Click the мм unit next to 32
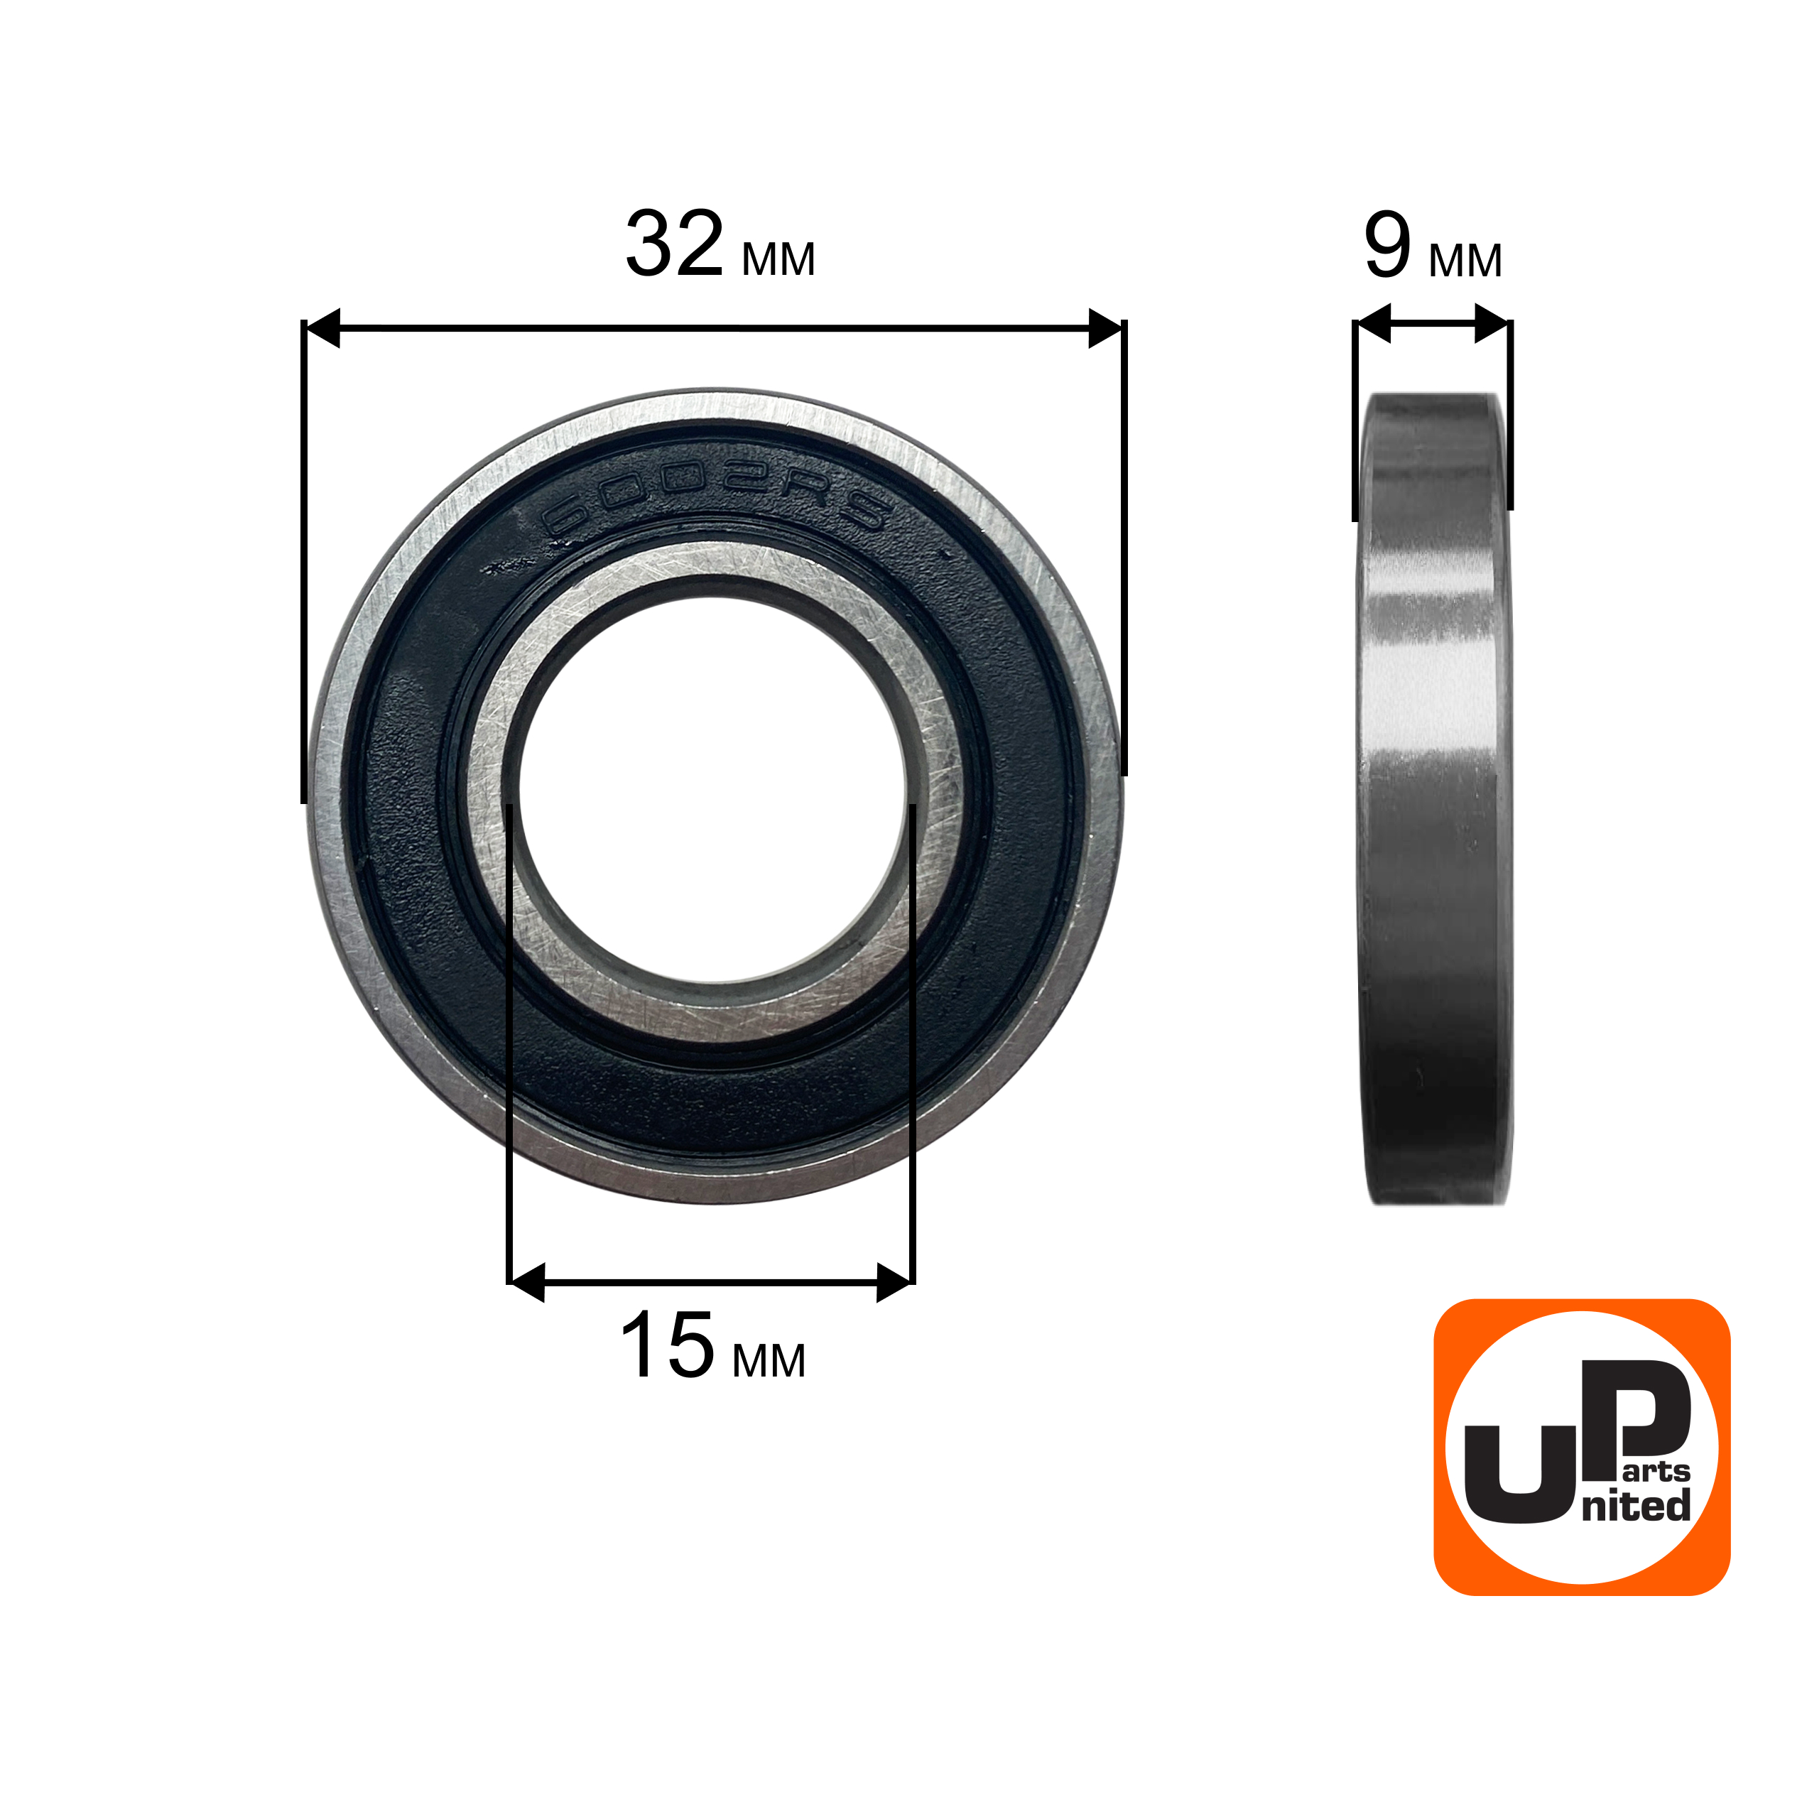point(778,259)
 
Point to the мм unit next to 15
point(769,1361)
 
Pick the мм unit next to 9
point(1466,260)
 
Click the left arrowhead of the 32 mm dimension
point(322,328)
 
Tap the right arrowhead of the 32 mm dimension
point(1105,328)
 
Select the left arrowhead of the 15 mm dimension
point(527,1283)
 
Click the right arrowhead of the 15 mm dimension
point(894,1283)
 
